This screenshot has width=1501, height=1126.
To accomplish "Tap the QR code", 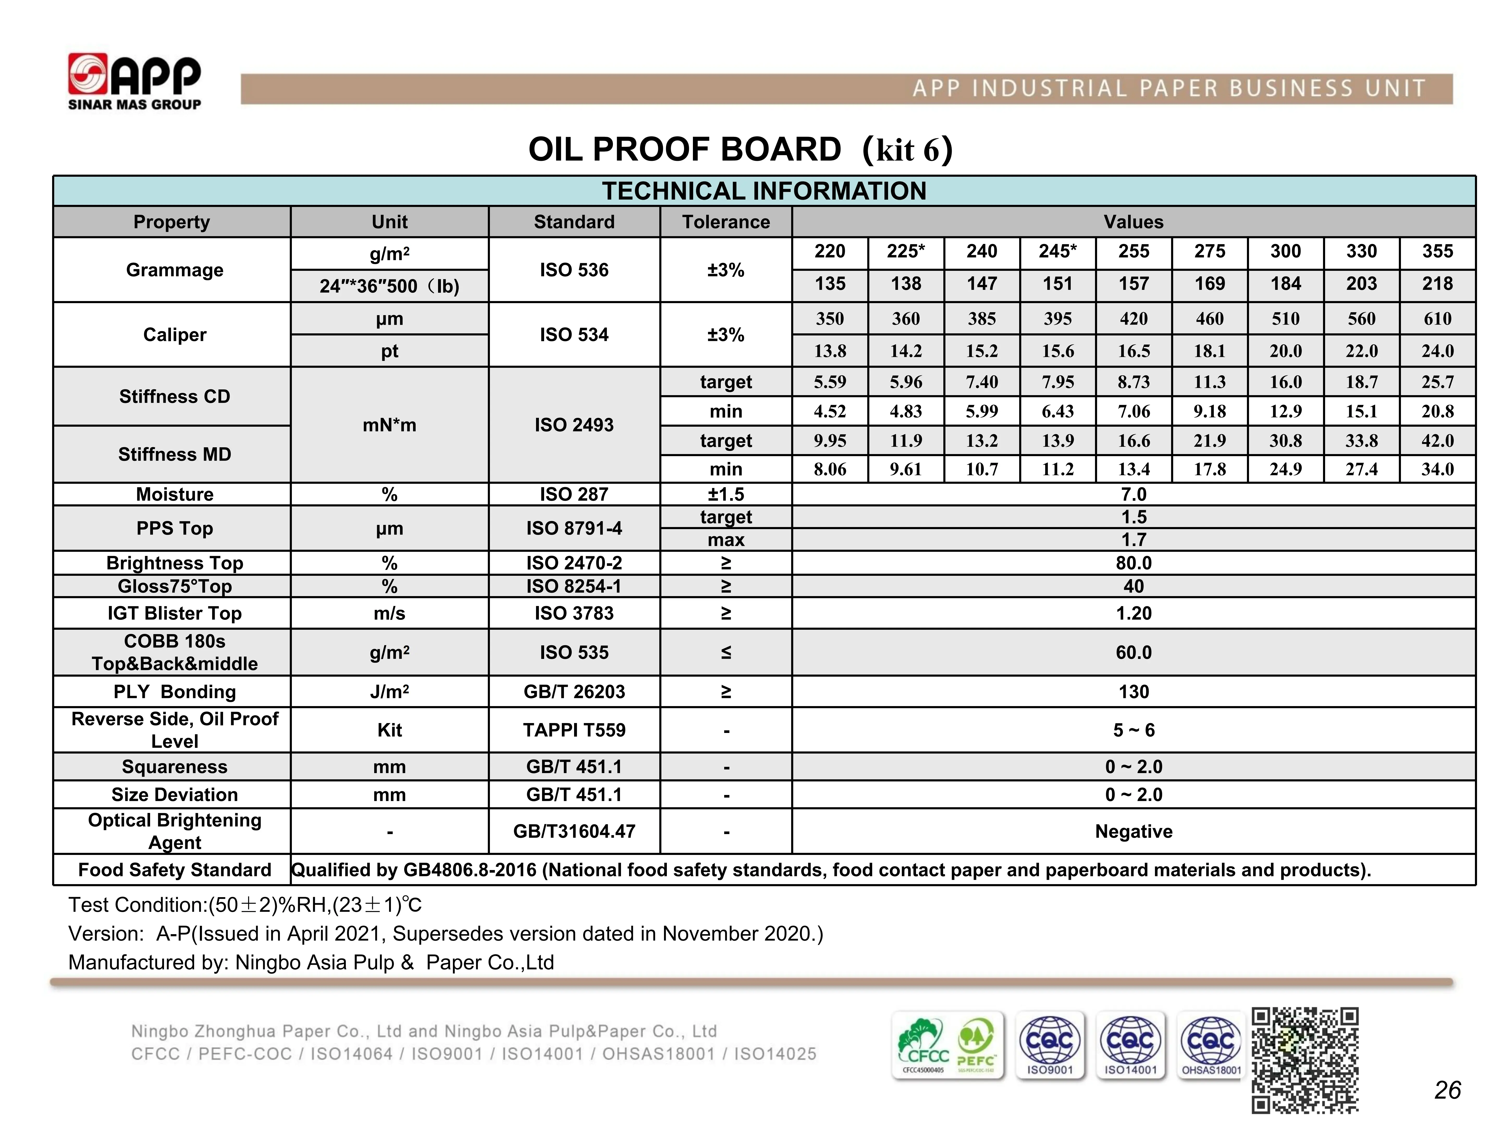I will pos(1304,1060).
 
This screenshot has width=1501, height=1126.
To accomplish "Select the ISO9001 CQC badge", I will pos(1050,1045).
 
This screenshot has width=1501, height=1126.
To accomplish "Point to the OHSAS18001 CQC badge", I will pos(1211,1045).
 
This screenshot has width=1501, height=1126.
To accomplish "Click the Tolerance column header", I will pos(725,222).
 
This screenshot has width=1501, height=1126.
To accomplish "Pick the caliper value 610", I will pos(1437,318).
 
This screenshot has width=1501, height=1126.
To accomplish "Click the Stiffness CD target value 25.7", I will pos(1437,382).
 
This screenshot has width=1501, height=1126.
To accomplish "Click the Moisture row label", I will pos(174,494).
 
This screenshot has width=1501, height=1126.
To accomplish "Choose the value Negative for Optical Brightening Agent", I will pos(1133,831).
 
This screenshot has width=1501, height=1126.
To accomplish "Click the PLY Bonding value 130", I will pos(1133,691).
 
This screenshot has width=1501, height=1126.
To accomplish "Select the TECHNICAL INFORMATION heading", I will pos(764,191).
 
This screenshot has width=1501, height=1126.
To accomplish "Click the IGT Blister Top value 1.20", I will pos(1133,613).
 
